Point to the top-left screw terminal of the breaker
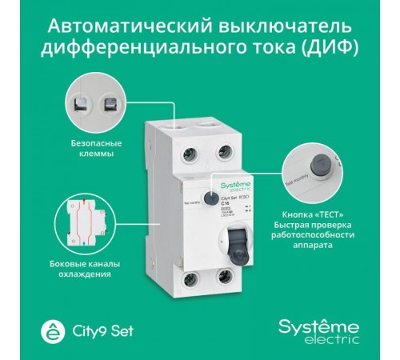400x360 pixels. (190, 151)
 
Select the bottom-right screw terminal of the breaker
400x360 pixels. (225, 282)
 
